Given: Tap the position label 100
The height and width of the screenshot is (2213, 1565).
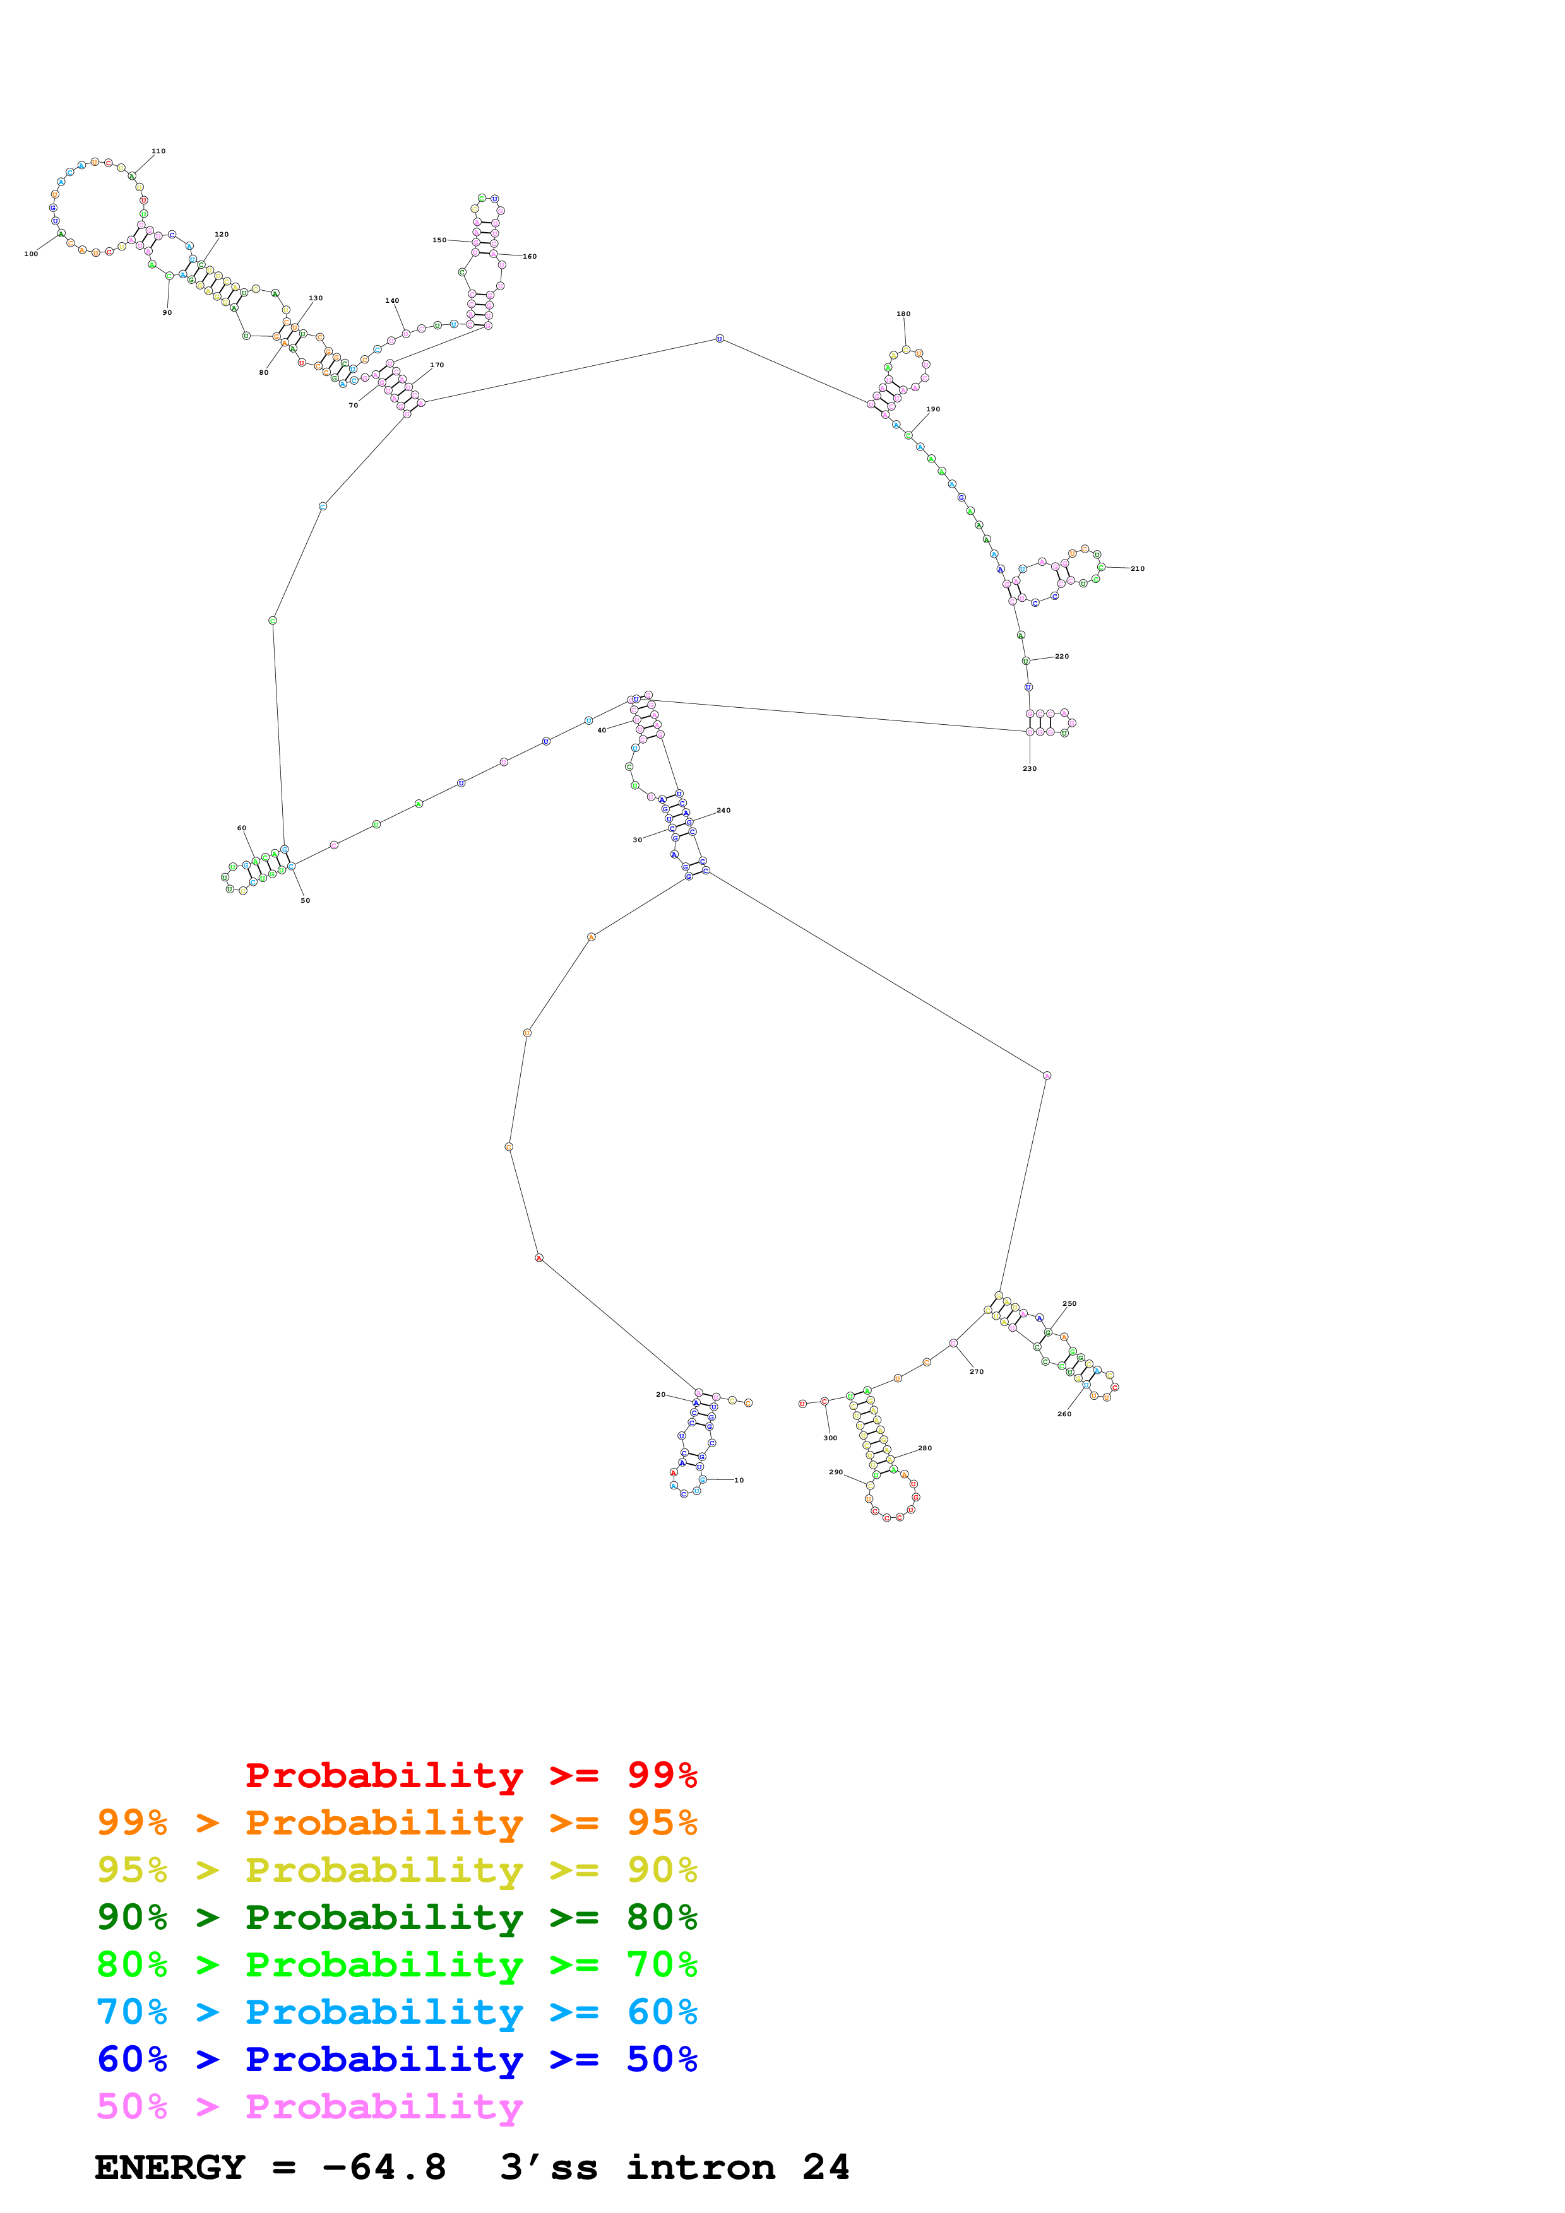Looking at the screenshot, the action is [31, 254].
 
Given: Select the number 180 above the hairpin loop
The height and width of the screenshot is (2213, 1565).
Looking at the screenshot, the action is [903, 314].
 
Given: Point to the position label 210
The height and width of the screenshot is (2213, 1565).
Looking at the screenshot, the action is [1138, 568].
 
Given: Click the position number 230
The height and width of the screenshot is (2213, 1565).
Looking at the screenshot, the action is [1030, 769].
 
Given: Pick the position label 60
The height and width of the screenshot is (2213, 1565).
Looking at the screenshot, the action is [242, 828].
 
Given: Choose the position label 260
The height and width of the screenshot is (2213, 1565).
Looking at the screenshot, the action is [1064, 1414].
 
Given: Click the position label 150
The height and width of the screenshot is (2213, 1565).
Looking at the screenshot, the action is [439, 240].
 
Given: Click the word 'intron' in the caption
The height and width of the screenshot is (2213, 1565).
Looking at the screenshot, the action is [700, 2168].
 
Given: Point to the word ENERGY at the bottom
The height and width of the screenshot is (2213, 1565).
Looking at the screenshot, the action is [170, 2168].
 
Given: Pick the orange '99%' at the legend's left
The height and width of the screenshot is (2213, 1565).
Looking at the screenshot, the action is [132, 1823].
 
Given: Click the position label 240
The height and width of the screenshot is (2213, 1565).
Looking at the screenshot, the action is [723, 811].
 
